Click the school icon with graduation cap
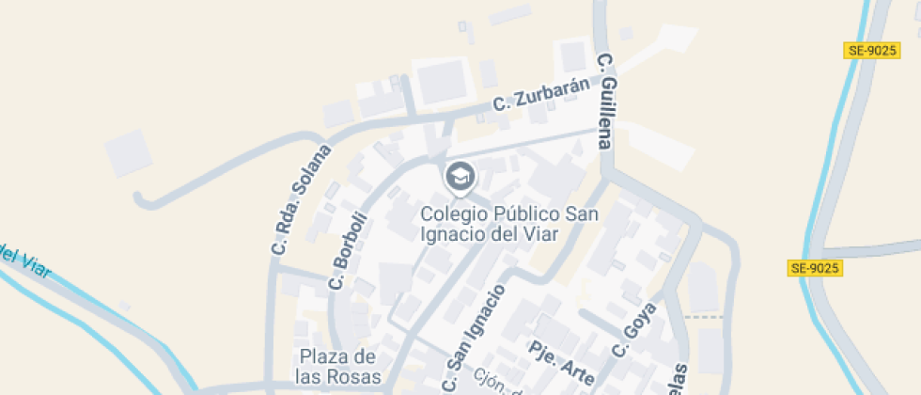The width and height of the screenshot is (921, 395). point(460,176)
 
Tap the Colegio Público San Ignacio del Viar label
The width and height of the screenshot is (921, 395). point(508,223)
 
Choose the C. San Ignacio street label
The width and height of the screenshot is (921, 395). point(474,338)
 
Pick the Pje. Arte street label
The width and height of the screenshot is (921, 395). point(562,362)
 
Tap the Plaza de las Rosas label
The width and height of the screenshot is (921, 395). point(339,367)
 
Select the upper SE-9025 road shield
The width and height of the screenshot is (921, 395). point(871,51)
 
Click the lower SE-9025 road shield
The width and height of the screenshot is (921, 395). point(814,268)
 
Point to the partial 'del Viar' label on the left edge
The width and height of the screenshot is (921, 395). point(24,261)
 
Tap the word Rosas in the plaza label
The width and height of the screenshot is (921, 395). point(358,377)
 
